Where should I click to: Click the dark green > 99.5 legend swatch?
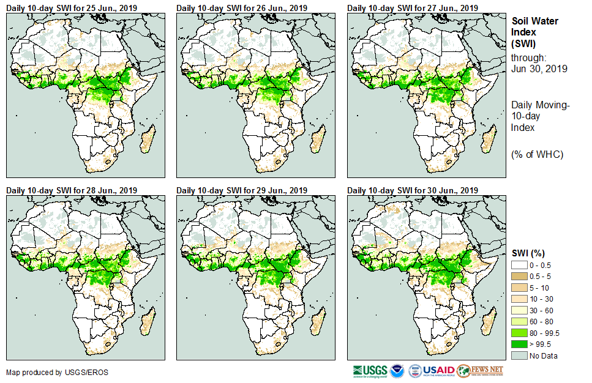coord(520,344)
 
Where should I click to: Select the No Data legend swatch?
coord(520,355)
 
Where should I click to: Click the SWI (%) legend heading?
coord(528,253)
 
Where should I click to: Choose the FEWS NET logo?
coord(480,371)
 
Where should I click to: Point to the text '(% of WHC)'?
coord(537,154)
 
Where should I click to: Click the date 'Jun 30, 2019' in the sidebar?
coord(539,69)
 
